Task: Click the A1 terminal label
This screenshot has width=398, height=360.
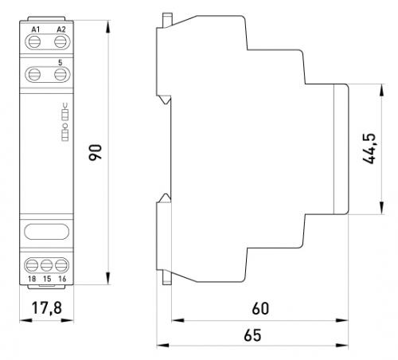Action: (x=36, y=29)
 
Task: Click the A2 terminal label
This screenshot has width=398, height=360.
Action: (x=61, y=29)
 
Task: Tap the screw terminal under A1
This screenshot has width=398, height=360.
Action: (x=34, y=42)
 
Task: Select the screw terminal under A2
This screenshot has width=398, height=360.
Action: (x=60, y=42)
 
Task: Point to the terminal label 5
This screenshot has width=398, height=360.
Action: (x=60, y=63)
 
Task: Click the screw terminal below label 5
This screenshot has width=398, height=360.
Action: (x=60, y=74)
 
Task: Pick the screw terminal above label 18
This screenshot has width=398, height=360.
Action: (x=32, y=265)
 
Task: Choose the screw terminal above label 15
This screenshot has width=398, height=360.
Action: (x=47, y=265)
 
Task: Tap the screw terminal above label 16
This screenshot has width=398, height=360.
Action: (x=61, y=265)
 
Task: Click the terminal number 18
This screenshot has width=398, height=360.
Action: (x=32, y=279)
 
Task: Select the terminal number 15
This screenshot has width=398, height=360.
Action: (x=47, y=279)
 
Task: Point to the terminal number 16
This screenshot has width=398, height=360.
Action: (x=62, y=279)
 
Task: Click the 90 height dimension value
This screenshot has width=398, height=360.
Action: (x=96, y=152)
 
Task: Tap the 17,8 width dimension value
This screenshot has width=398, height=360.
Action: (x=47, y=308)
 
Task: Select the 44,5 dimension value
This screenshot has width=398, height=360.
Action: (x=369, y=149)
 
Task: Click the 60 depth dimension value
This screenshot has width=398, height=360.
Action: (x=260, y=308)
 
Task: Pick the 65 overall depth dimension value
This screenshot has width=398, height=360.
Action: (x=252, y=335)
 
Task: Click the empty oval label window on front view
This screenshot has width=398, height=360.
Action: (x=47, y=232)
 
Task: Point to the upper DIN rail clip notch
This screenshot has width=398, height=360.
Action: (x=165, y=100)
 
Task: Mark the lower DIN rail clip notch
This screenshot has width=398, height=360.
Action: (x=165, y=198)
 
